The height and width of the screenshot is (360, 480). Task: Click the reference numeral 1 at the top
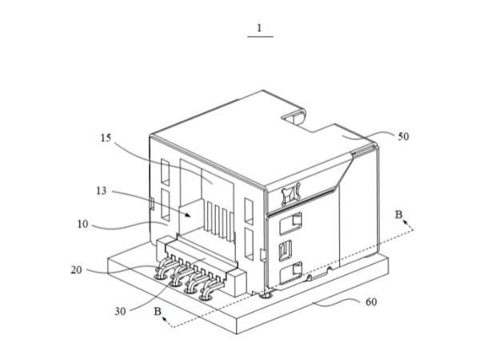tap(259, 28)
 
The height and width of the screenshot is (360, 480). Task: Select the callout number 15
tap(106, 138)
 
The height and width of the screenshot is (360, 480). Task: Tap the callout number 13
tap(102, 191)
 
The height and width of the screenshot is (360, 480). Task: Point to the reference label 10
tap(82, 224)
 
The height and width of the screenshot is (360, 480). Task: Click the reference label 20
tap(77, 270)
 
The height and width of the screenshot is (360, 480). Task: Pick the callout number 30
tap(120, 312)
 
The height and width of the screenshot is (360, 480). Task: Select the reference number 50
tap(403, 137)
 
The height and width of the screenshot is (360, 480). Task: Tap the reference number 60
tap(371, 302)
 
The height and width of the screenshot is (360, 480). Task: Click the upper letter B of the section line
tap(398, 214)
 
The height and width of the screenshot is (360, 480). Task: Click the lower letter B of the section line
tap(158, 312)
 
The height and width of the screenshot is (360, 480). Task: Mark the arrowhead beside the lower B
tap(165, 319)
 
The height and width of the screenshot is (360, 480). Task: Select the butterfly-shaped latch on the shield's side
tap(290, 194)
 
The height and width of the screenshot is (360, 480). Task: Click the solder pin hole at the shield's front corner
tap(265, 296)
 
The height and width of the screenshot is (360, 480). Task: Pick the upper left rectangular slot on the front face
tap(165, 172)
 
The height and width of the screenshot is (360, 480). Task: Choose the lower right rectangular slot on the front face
tap(249, 244)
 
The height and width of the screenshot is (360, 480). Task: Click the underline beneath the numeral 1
tap(260, 37)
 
